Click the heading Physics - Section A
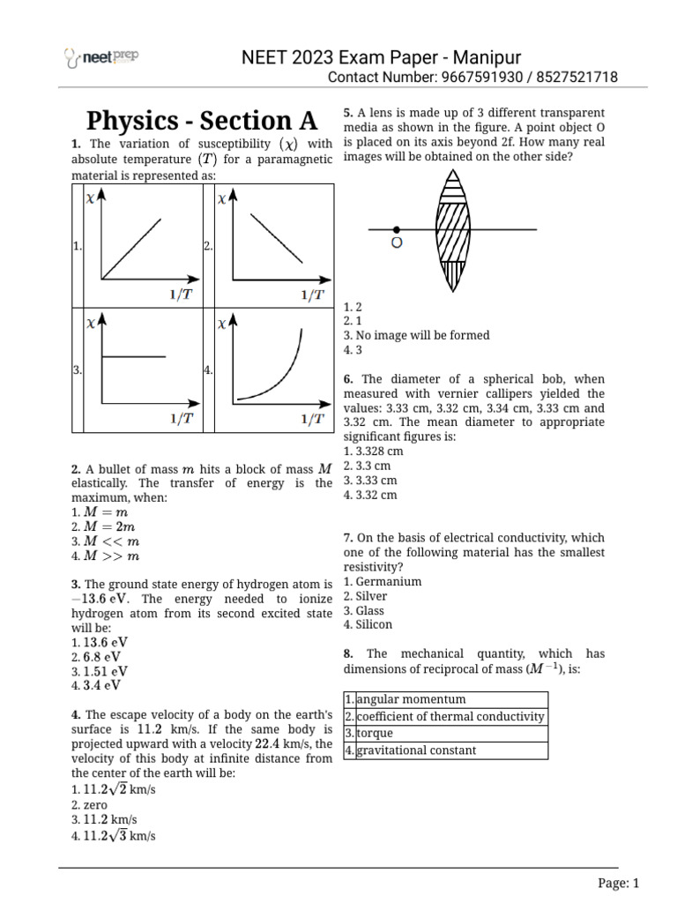[x=201, y=121]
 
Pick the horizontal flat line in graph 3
[x=135, y=357]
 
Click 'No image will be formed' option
[x=420, y=335]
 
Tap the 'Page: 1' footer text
[x=617, y=883]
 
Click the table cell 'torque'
[x=375, y=734]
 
